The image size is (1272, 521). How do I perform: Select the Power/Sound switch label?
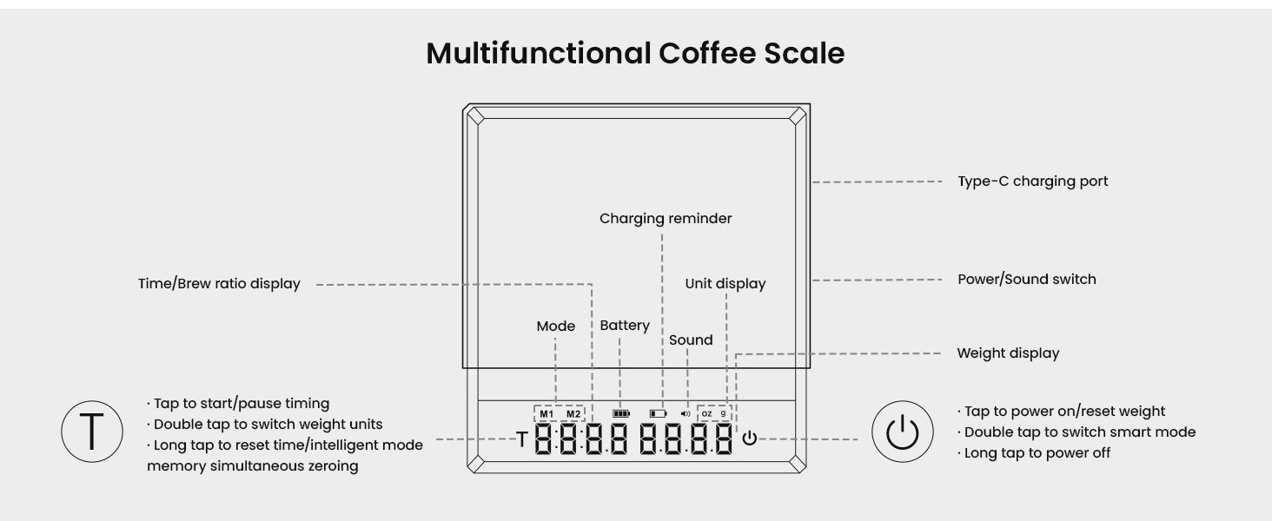[x=1026, y=280]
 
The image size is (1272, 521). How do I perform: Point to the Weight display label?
[x=1008, y=353]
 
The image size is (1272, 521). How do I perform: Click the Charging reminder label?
[x=666, y=219]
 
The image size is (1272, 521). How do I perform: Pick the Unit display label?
[x=725, y=284]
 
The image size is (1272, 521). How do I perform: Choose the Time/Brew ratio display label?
[x=219, y=284]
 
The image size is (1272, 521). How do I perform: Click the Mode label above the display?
[x=556, y=326]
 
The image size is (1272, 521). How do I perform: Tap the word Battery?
[x=625, y=326]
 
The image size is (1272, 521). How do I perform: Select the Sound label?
[x=691, y=340]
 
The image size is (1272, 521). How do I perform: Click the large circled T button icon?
[x=90, y=432]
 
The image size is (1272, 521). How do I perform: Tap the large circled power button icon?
[x=902, y=432]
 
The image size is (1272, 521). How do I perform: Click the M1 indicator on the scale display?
[x=546, y=413]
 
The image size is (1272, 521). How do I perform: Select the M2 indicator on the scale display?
[x=573, y=413]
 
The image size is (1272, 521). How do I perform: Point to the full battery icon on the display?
[x=620, y=414]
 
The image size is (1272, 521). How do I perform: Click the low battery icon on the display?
[x=658, y=414]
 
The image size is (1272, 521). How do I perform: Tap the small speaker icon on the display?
[x=686, y=414]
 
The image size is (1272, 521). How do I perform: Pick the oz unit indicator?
[x=706, y=413]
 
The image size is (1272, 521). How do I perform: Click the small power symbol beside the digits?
[x=750, y=439]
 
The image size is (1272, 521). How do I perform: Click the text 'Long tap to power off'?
[x=1037, y=453]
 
